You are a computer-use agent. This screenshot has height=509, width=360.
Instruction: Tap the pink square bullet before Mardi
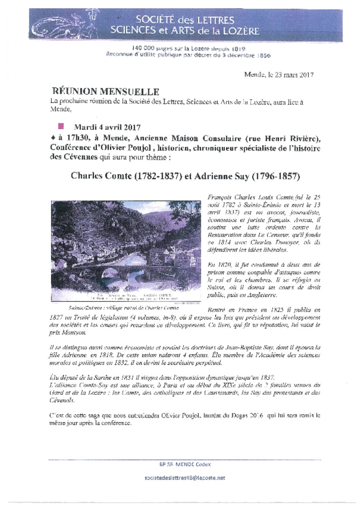click(61, 125)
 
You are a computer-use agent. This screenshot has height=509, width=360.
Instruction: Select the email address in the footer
click(185, 478)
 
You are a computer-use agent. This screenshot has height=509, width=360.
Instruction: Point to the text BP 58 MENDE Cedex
click(185, 464)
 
